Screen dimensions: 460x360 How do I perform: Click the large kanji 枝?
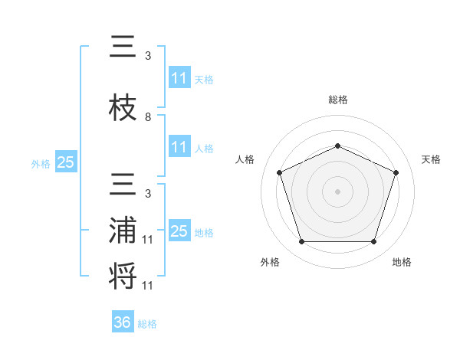(x=123, y=107)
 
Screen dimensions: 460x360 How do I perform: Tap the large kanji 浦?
(x=123, y=230)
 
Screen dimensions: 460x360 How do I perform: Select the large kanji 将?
(x=123, y=276)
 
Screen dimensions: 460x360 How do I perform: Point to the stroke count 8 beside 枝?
(x=148, y=117)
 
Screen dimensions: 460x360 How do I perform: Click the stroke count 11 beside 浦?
(x=147, y=240)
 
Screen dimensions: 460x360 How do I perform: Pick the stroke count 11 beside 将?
(x=147, y=286)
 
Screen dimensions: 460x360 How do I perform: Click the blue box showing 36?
(x=123, y=321)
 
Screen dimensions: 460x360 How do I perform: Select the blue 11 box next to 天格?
(x=180, y=77)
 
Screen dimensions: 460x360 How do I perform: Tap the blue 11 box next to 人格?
(x=180, y=146)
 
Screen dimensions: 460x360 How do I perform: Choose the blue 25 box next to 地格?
(x=180, y=230)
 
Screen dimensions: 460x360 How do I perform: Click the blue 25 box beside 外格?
(x=66, y=162)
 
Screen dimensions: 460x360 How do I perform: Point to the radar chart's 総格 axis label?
(x=338, y=100)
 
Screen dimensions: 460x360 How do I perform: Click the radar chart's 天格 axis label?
(x=431, y=159)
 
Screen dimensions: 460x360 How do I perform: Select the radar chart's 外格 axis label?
(x=270, y=262)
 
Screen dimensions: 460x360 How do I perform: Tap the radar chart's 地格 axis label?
(x=402, y=262)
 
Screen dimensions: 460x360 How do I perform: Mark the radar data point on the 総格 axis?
(x=337, y=146)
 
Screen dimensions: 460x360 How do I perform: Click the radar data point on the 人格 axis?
(x=280, y=172)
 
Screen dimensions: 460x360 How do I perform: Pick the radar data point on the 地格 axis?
(x=374, y=242)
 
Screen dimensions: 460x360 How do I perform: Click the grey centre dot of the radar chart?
(x=337, y=191)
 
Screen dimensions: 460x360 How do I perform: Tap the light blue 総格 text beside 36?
(x=147, y=324)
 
